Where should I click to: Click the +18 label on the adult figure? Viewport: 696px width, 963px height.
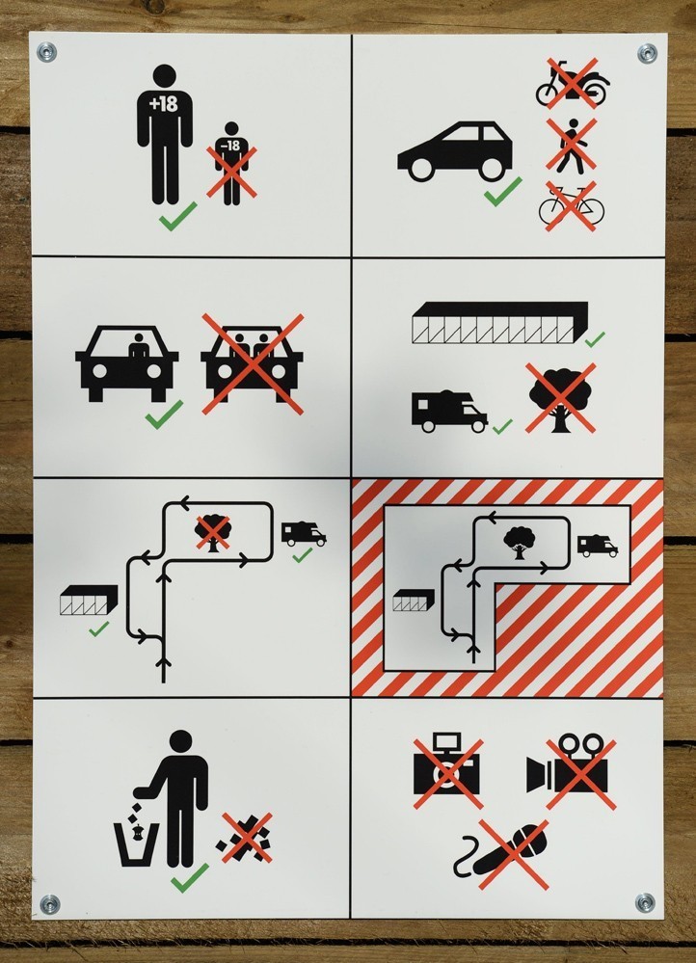pos(164,104)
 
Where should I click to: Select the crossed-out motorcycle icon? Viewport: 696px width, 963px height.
pos(573,84)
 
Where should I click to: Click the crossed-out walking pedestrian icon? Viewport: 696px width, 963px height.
pos(572,145)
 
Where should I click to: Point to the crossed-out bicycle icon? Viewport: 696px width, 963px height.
pos(572,206)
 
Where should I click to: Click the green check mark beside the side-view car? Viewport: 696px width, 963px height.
pos(503,191)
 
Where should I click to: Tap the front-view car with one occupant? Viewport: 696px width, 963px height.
pos(127,363)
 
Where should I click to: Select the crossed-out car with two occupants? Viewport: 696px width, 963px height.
pos(253,363)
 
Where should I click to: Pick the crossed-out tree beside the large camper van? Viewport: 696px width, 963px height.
pos(561,397)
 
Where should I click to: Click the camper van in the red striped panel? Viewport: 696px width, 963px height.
pos(597,546)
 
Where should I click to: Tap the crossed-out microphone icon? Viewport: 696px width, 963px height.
pos(505,853)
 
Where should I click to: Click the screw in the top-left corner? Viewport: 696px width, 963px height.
pos(46,52)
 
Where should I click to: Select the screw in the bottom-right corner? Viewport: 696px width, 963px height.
pos(644,903)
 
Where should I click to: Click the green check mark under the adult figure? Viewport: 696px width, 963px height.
pos(178,216)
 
